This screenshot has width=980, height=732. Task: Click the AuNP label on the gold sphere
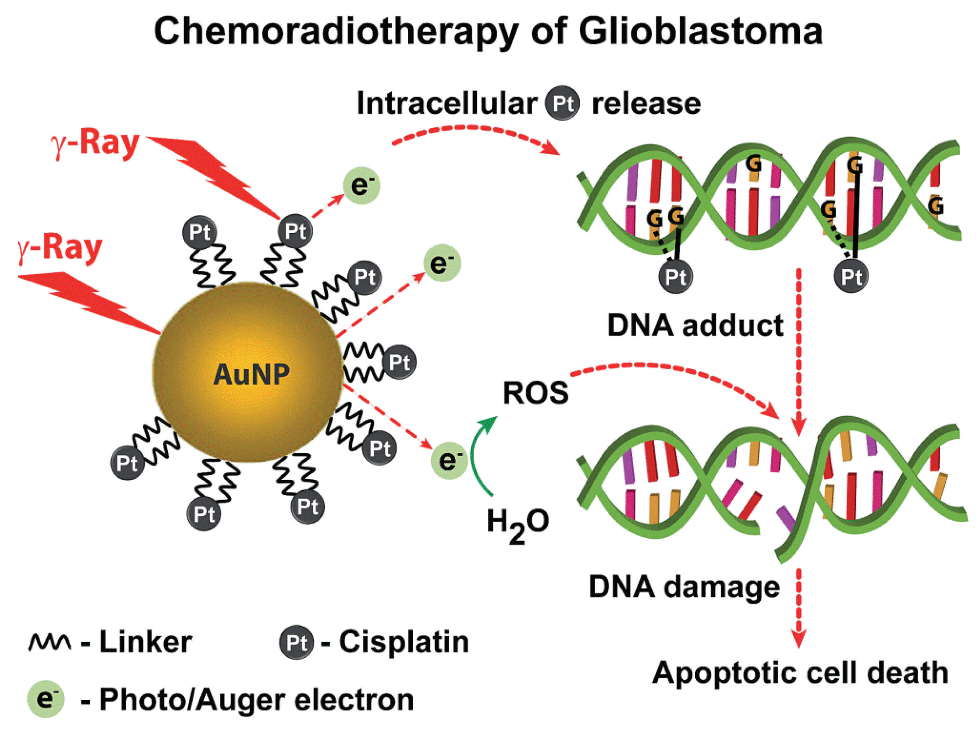(251, 375)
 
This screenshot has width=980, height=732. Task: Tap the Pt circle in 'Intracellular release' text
(562, 103)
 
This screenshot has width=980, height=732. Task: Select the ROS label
(535, 393)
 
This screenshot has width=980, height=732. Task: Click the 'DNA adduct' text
(695, 325)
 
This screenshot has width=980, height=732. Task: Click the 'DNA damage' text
(684, 587)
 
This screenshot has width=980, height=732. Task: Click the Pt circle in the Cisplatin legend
(296, 642)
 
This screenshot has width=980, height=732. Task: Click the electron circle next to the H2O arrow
(449, 461)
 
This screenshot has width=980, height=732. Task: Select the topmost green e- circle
(362, 185)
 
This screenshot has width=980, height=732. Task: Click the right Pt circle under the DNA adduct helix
(851, 277)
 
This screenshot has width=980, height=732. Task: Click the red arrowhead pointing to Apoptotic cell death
(799, 640)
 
